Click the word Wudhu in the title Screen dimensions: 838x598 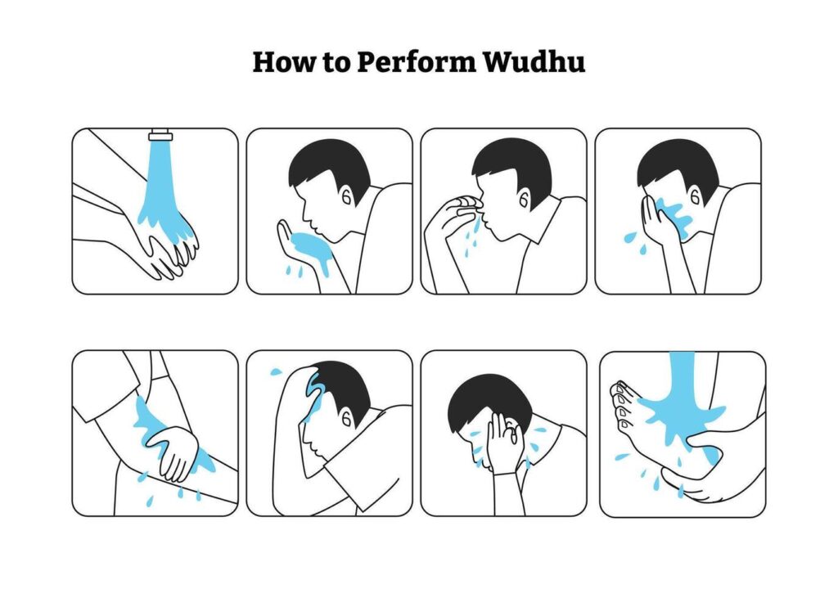(x=534, y=61)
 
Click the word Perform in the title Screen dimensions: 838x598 (x=416, y=61)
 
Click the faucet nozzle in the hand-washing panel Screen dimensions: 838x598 (x=160, y=134)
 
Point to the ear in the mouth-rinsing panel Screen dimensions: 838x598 (x=346, y=197)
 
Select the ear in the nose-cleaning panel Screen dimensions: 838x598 (x=524, y=200)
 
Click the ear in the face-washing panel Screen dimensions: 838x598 (x=695, y=197)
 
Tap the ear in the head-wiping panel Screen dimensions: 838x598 (x=346, y=419)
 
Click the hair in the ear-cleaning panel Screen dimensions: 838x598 (x=484, y=398)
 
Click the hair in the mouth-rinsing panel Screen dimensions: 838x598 (x=330, y=166)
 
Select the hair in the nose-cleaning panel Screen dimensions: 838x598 (x=511, y=167)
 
